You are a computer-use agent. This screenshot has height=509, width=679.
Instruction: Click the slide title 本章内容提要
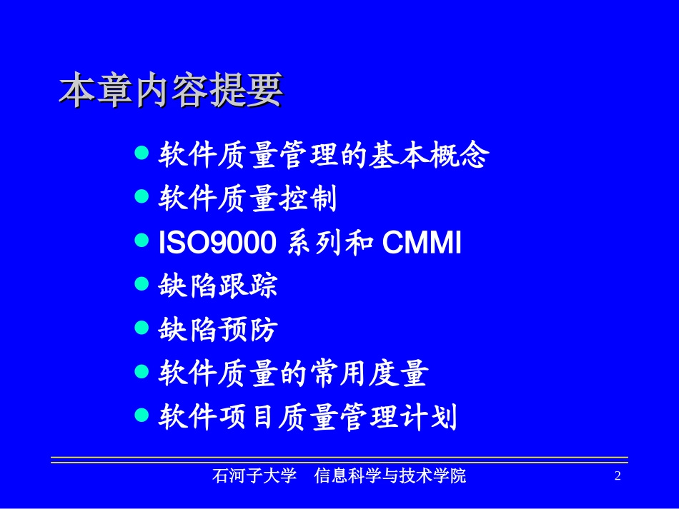pyautogui.click(x=171, y=91)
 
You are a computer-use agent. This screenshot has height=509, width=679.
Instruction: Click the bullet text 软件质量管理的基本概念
pyautogui.click(x=323, y=155)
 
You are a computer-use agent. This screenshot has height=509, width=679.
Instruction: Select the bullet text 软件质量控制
pyautogui.click(x=247, y=199)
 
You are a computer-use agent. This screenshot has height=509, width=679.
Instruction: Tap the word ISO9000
pyautogui.click(x=217, y=244)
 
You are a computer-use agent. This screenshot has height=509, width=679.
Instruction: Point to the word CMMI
pyautogui.click(x=422, y=244)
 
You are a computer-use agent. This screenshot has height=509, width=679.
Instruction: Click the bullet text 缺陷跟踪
pyautogui.click(x=217, y=286)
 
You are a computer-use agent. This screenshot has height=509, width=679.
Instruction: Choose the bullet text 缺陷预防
pyautogui.click(x=217, y=330)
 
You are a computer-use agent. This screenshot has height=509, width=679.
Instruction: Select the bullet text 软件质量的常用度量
pyautogui.click(x=293, y=373)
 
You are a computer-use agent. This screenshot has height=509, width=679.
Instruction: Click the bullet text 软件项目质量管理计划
pyautogui.click(x=307, y=417)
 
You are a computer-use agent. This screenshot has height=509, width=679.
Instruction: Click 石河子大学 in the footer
pyautogui.click(x=254, y=476)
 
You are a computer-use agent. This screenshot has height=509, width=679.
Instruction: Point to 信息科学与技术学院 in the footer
pyautogui.click(x=390, y=476)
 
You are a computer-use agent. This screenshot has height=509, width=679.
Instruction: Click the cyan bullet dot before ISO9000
pyautogui.click(x=142, y=241)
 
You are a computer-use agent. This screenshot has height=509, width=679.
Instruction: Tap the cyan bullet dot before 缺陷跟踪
pyautogui.click(x=142, y=284)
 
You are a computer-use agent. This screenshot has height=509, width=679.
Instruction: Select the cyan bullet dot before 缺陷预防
pyautogui.click(x=142, y=328)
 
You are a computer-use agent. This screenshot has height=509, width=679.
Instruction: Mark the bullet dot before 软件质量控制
pyautogui.click(x=142, y=197)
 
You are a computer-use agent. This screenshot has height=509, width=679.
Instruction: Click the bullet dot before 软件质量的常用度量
pyautogui.click(x=142, y=371)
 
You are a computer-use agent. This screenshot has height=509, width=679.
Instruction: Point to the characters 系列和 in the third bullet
pyautogui.click(x=330, y=244)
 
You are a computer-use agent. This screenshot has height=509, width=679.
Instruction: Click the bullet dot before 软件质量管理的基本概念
pyautogui.click(x=142, y=153)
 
